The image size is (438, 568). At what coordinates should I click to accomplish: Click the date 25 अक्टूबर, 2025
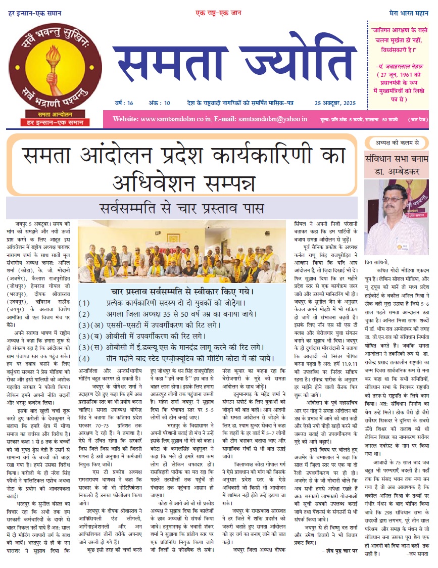[330, 103]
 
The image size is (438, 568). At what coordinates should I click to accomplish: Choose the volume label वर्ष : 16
[123, 103]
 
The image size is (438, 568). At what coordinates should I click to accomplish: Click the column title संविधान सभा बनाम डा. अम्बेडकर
[397, 165]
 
